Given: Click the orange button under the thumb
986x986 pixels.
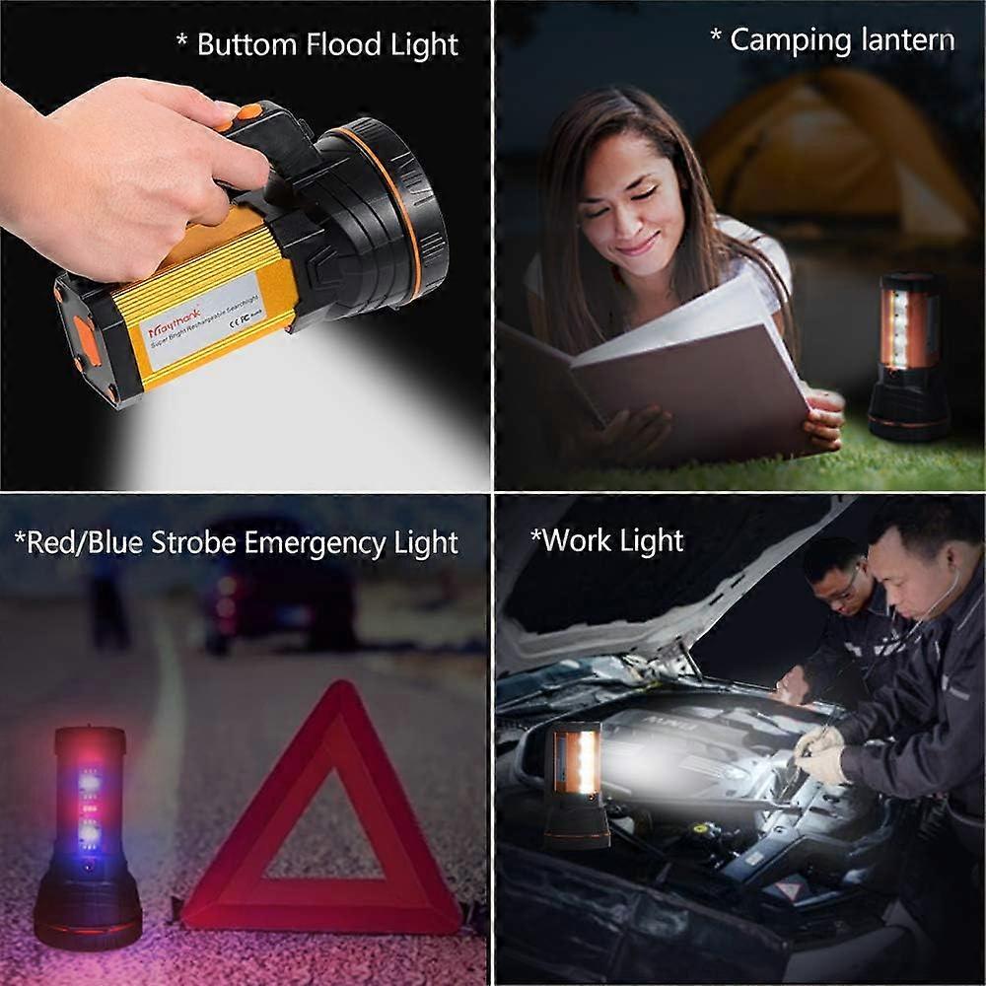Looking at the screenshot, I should point(246,114).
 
